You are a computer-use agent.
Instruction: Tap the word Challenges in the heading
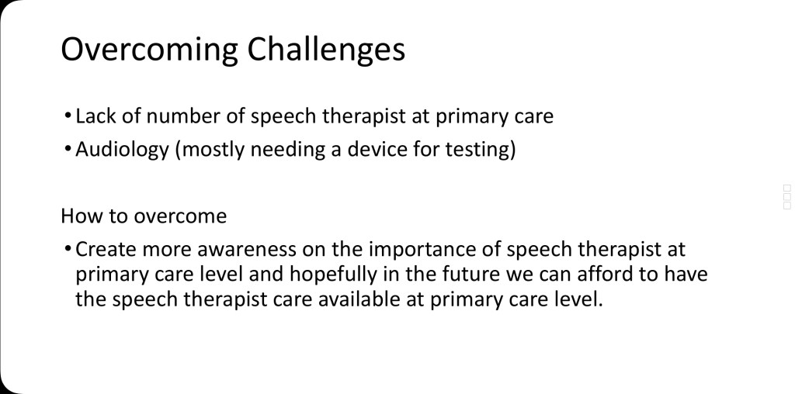pyautogui.click(x=327, y=50)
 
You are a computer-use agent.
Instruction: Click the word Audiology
pyautogui.click(x=122, y=150)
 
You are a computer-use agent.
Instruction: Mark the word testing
pyautogui.click(x=480, y=150)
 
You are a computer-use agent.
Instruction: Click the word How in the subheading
pyautogui.click(x=77, y=216)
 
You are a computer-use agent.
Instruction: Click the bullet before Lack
pyautogui.click(x=68, y=116)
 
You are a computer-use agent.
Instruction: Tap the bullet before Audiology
pyautogui.click(x=68, y=150)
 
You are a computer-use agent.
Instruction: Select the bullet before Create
pyautogui.click(x=68, y=250)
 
